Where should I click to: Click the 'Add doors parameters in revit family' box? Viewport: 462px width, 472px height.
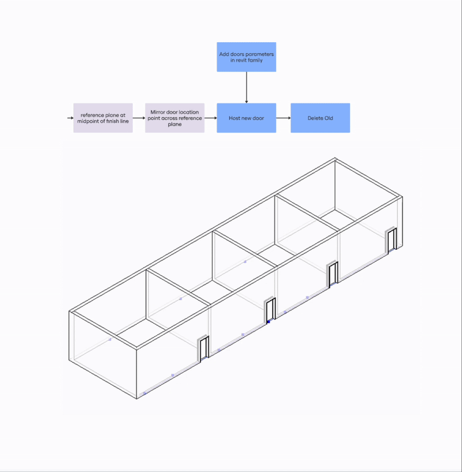246,57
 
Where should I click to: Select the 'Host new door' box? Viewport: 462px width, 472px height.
246,118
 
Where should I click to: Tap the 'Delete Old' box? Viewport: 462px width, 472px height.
320,118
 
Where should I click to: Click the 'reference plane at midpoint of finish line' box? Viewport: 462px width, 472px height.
103,118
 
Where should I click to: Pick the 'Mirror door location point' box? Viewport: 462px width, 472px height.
175,118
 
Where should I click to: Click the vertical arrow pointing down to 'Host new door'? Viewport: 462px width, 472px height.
247,87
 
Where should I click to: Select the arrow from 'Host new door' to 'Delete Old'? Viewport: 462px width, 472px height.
284,118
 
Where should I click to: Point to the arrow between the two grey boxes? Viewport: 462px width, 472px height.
139,118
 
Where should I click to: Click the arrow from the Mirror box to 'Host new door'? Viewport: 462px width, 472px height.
211,118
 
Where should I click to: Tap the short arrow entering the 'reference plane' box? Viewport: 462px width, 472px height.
70,118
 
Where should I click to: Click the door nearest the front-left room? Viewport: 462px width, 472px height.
203,349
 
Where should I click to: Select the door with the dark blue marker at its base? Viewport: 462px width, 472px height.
270,310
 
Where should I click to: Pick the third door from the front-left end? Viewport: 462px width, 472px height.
333,274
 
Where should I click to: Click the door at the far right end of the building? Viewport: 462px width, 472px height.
392,240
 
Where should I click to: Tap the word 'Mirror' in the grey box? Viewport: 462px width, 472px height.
158,113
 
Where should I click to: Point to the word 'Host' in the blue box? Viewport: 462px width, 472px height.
234,118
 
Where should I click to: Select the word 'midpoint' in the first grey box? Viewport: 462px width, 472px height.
88,121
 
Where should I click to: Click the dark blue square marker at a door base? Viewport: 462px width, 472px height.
269,322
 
